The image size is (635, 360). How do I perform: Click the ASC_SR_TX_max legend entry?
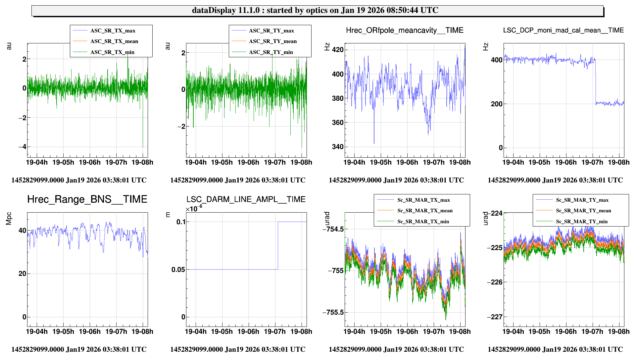point(113,31)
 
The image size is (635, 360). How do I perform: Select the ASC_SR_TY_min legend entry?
point(271,52)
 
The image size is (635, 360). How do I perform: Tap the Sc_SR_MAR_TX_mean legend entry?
point(425,211)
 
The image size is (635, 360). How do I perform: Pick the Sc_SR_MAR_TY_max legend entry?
point(582,200)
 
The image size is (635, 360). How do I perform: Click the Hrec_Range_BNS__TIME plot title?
point(87,199)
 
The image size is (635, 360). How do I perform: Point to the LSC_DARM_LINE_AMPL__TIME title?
point(246,199)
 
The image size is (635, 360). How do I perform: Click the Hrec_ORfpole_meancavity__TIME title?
point(405,30)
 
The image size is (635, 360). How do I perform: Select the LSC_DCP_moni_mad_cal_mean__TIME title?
point(563,30)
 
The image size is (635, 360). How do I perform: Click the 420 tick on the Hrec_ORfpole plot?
point(338,50)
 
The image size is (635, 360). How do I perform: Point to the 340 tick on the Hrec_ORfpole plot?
point(338,147)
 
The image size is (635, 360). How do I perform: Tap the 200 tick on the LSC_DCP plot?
point(496,104)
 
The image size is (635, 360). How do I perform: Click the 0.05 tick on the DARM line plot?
point(178,270)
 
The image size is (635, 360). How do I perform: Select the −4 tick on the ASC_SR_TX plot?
point(22,147)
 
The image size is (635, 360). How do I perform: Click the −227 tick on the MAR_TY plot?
point(495,317)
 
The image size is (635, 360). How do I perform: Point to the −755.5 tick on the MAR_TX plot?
point(333,312)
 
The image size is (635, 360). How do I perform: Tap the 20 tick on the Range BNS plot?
point(22,274)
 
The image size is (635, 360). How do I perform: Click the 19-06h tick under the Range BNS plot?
point(89,332)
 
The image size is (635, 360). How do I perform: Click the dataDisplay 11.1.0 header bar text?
point(315,10)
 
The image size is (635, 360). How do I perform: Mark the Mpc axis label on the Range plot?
point(9,219)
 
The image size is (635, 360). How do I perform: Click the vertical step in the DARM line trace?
point(278,245)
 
